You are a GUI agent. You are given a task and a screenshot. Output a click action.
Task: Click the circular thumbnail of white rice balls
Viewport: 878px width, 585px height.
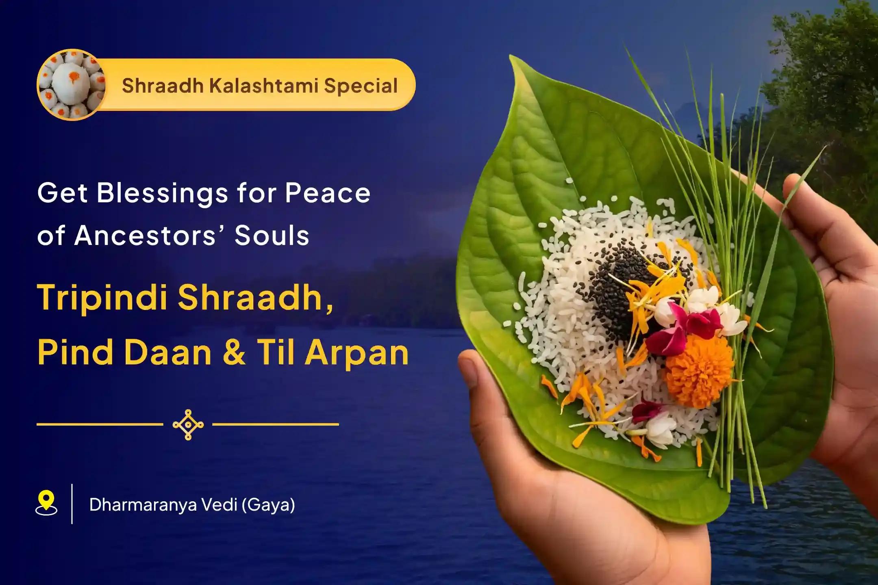pyautogui.click(x=71, y=85)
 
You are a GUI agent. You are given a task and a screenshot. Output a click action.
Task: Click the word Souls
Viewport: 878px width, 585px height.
pyautogui.click(x=272, y=236)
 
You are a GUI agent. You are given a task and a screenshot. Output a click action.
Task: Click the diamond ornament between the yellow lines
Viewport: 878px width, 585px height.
pyautogui.click(x=188, y=425)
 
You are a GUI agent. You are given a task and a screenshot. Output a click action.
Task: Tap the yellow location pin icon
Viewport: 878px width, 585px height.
pyautogui.click(x=46, y=503)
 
